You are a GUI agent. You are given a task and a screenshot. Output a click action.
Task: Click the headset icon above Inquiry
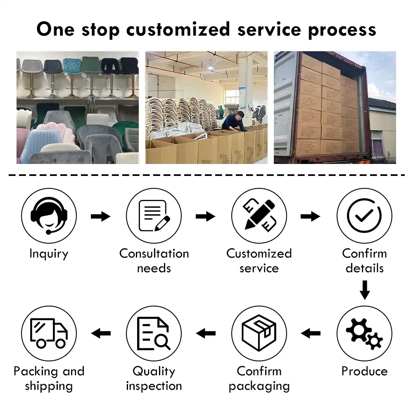coord(49,216)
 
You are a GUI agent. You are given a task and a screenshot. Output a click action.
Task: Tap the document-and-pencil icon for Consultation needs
coord(154,216)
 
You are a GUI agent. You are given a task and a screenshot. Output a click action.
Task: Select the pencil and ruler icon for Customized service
coord(259,216)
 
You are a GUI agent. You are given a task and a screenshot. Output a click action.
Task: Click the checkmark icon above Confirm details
coord(364,216)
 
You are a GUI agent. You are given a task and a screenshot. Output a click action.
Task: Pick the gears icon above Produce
coord(364,333)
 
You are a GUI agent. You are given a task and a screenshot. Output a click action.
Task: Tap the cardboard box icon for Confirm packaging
coord(259,333)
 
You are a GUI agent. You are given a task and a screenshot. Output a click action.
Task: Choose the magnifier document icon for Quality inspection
coord(154,333)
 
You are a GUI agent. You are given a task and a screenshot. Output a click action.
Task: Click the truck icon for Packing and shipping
coord(49,333)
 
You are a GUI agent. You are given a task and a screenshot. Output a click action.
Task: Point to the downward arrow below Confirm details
coord(364,290)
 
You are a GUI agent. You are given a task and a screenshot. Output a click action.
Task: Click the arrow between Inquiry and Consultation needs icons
coord(100,216)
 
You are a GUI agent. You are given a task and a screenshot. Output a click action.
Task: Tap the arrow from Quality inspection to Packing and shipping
coord(101,333)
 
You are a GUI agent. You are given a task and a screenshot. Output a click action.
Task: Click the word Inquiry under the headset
coord(49,254)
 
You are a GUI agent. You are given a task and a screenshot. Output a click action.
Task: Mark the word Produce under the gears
coord(364,371)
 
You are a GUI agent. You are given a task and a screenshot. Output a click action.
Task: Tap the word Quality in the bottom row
coord(154,371)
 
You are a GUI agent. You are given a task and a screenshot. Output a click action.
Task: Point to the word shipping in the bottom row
coord(49,386)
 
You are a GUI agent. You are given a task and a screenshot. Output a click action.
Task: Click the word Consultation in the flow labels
coord(154,254)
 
